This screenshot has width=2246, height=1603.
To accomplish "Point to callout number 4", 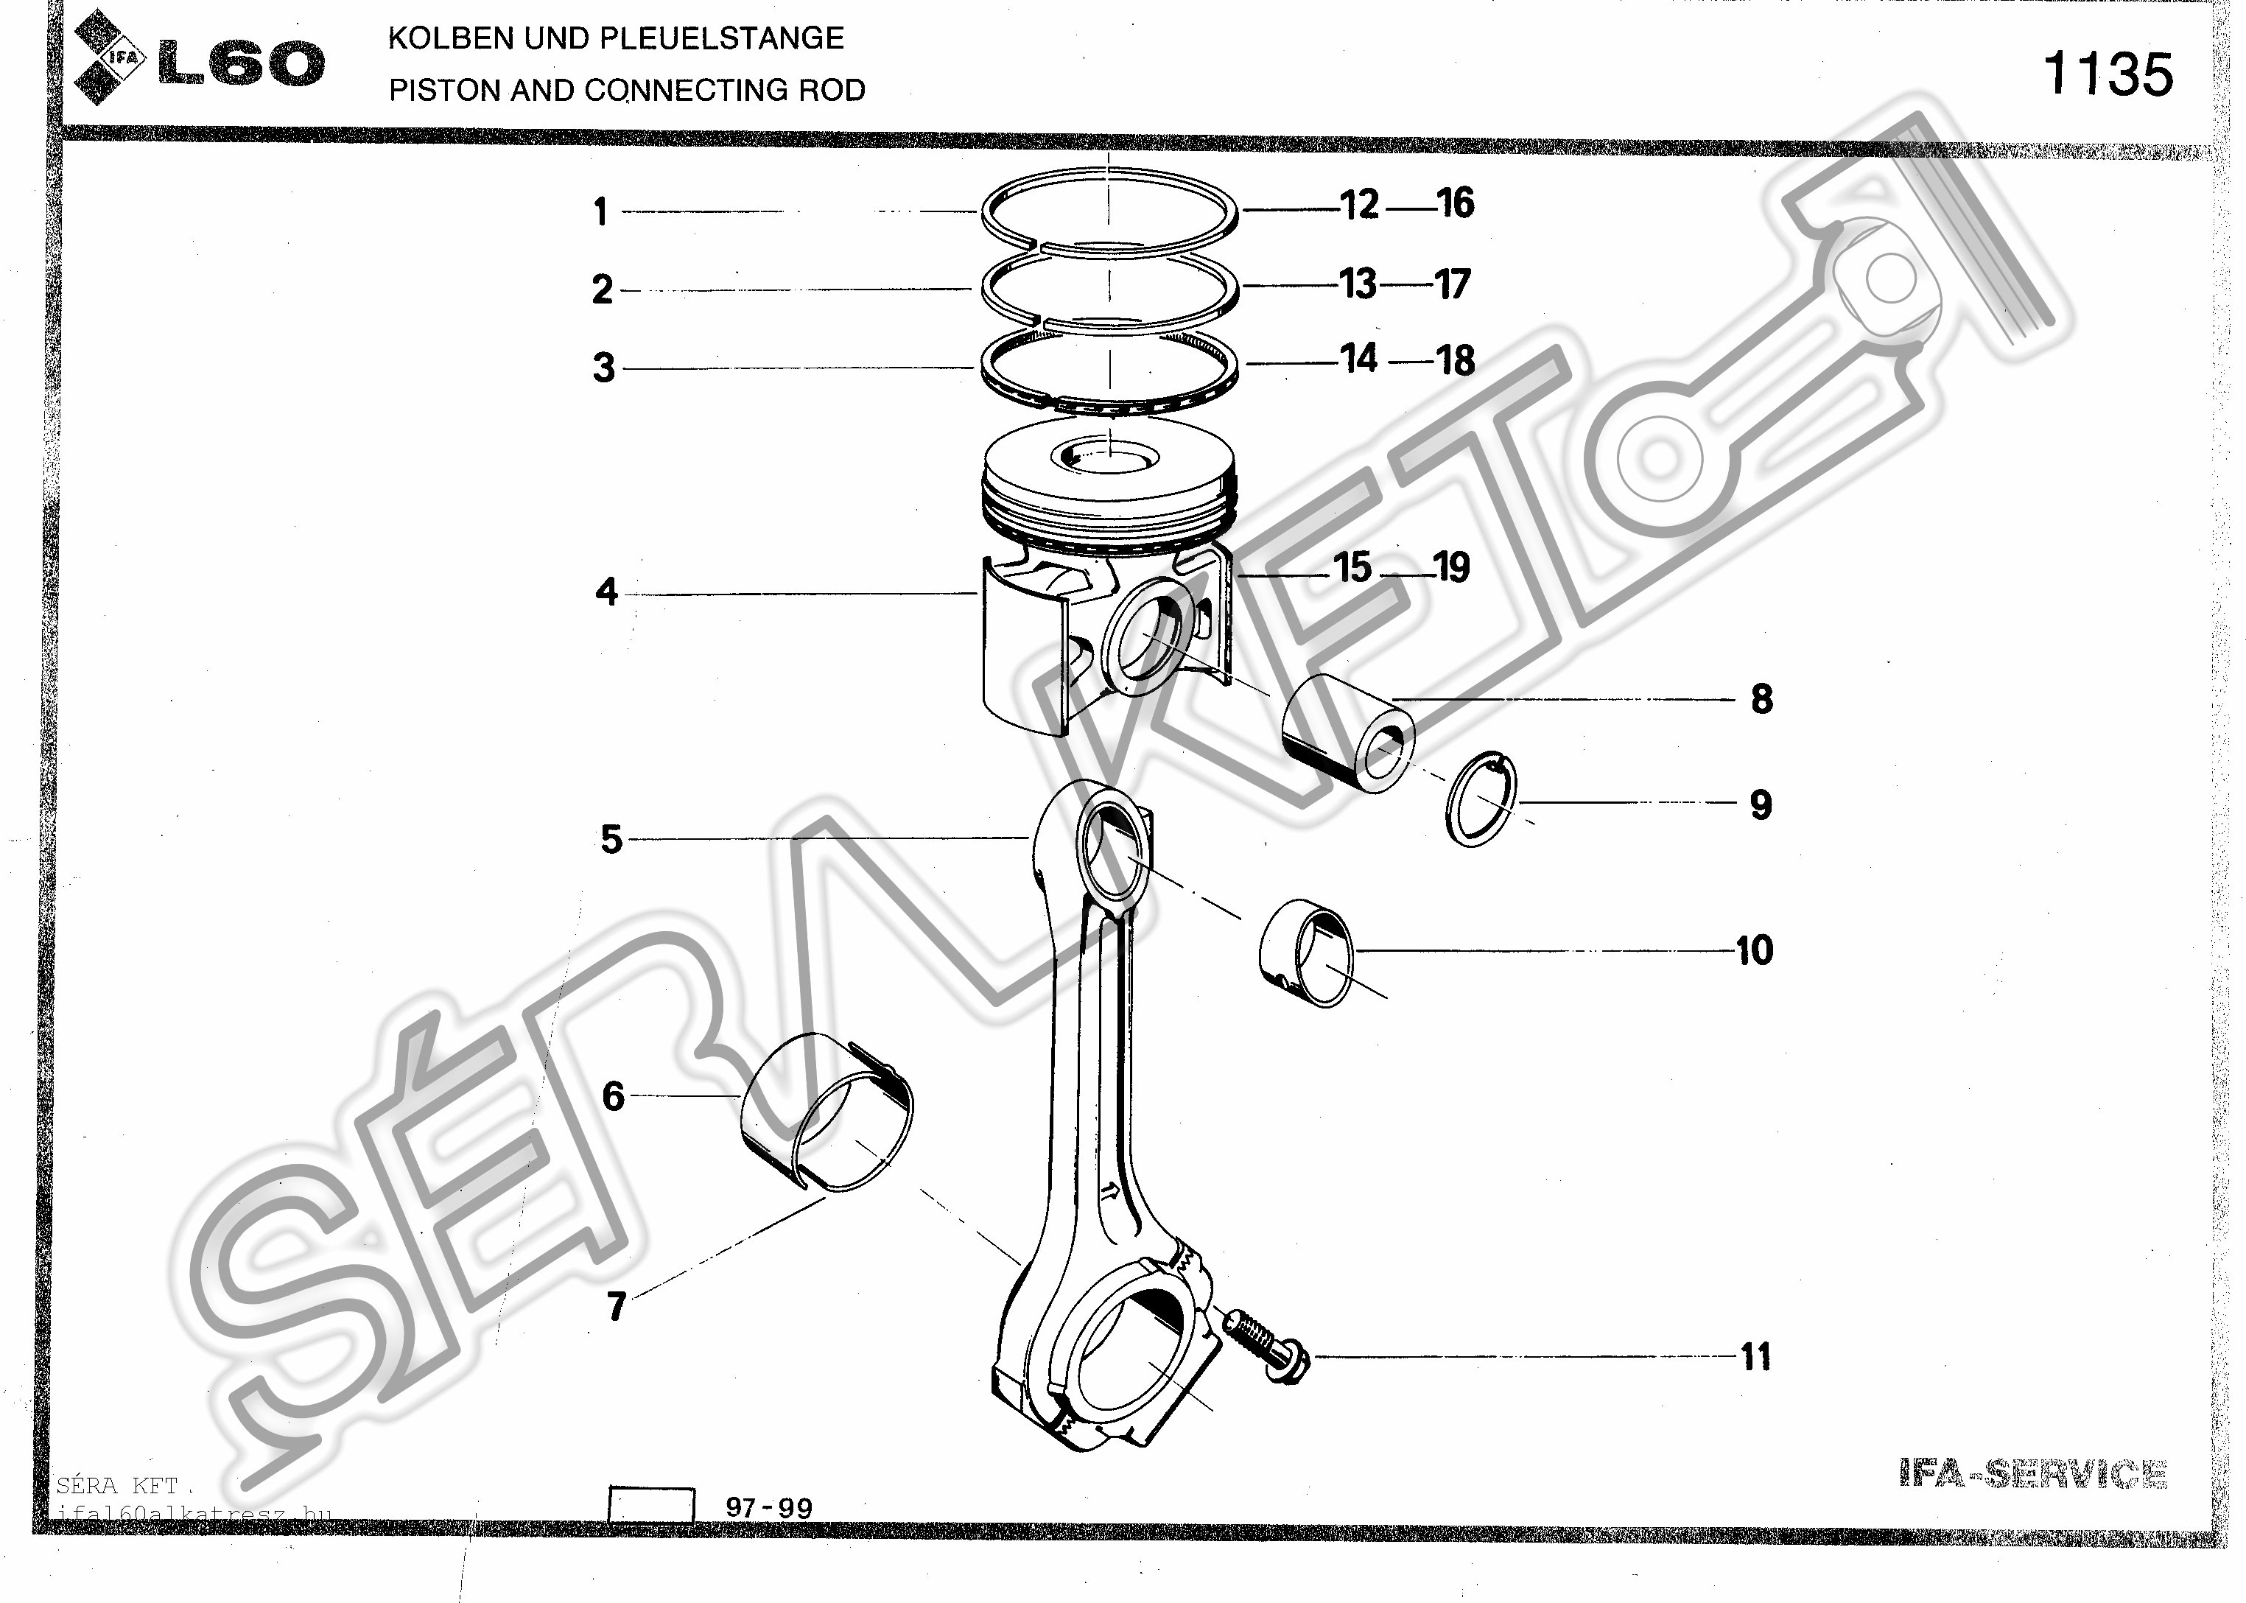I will (x=606, y=592).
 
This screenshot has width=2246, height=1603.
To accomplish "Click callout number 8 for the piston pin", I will (x=1761, y=699).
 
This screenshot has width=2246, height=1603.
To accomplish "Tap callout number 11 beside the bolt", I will (x=1755, y=1356).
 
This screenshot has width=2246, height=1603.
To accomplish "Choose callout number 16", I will (x=1455, y=203).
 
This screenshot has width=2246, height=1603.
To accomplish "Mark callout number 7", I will (x=617, y=1306).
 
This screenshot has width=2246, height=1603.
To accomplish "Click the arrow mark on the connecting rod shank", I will (x=1109, y=1190).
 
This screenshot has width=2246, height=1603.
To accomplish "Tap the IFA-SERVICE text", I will (x=2033, y=1473).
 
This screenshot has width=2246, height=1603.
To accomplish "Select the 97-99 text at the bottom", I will (x=769, y=1507).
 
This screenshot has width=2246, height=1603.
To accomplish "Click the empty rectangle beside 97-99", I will (x=651, y=1505).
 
